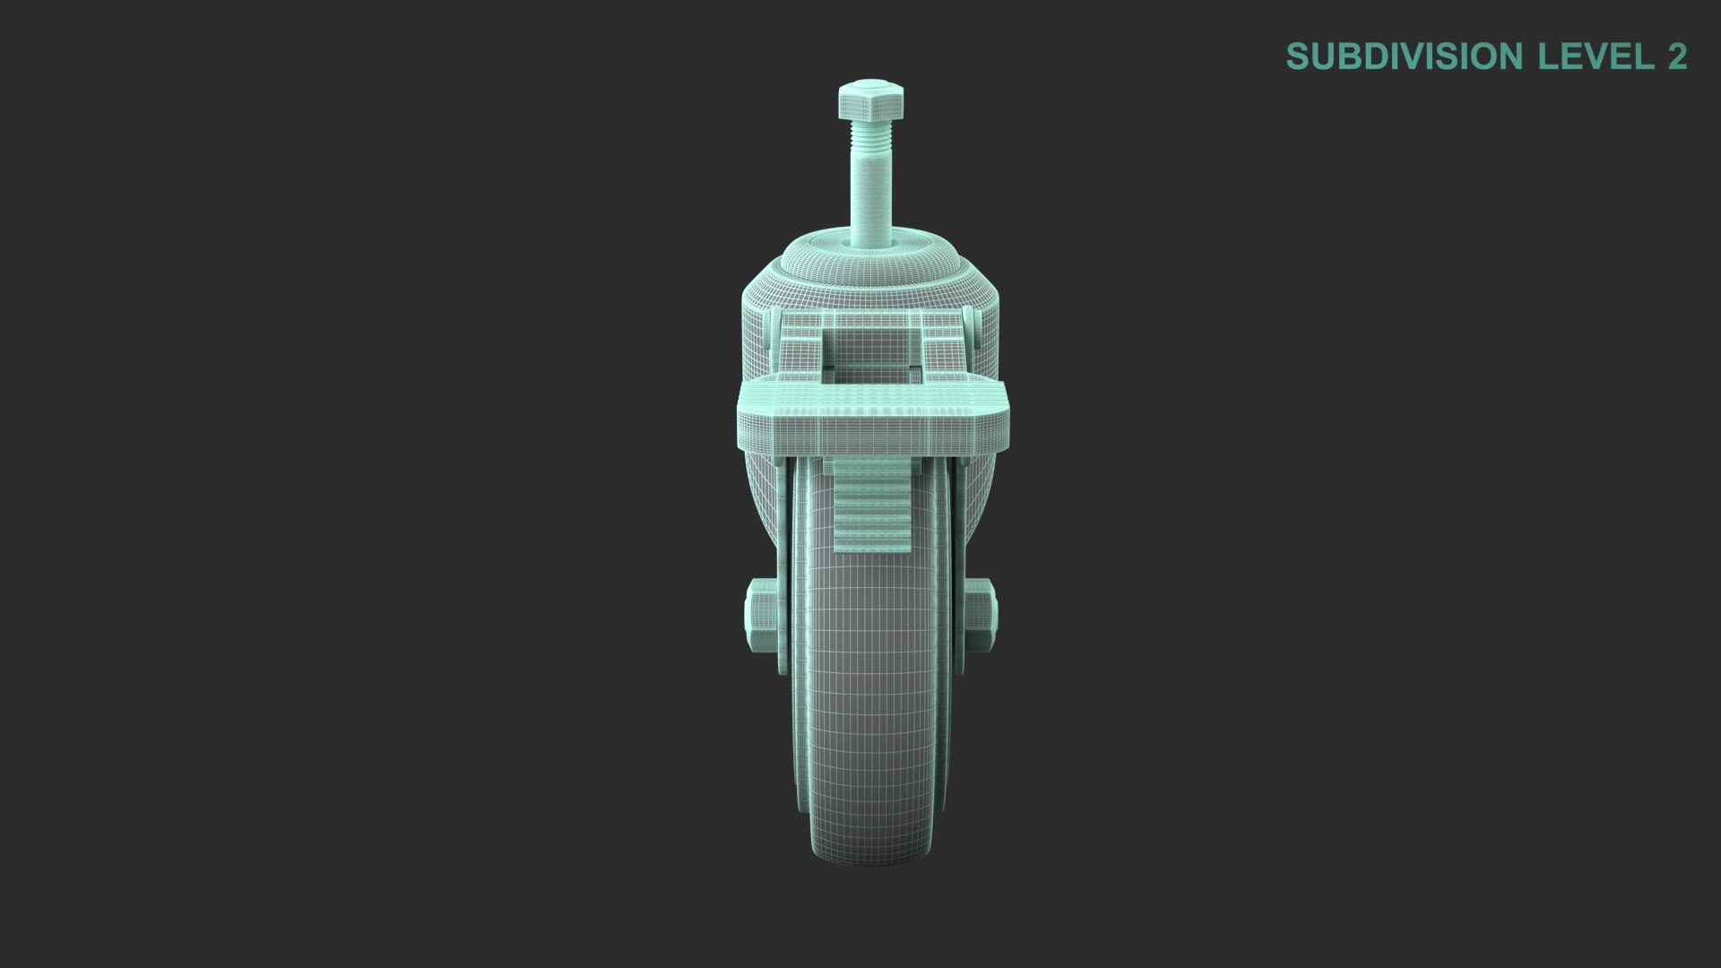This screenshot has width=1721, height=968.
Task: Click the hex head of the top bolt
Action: point(870,100)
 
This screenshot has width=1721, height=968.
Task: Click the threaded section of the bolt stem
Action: point(870,136)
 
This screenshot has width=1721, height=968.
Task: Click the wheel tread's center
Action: point(869,681)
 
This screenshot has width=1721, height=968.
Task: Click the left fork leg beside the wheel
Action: point(782,556)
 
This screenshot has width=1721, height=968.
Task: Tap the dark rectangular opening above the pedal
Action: point(871,375)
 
